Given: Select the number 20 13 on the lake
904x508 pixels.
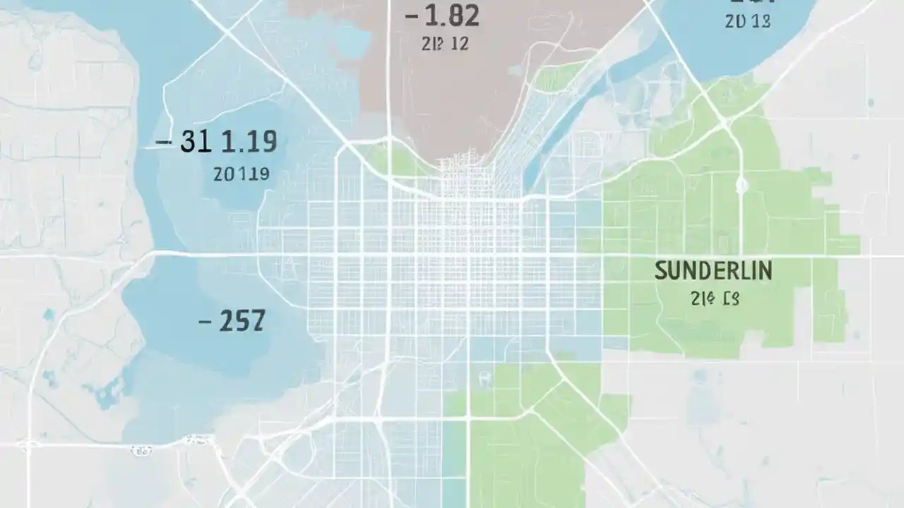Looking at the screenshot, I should click(x=747, y=22).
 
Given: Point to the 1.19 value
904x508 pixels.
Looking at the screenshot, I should click(x=249, y=142).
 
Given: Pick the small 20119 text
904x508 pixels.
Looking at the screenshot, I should click(x=241, y=174).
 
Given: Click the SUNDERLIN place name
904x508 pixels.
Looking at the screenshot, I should click(x=713, y=270).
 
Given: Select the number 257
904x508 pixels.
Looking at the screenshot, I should click(x=242, y=321).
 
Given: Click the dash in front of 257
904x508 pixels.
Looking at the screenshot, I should click(x=205, y=322).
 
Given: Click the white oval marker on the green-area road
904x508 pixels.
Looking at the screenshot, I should click(x=742, y=186).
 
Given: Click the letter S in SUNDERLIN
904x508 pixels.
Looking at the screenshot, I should click(x=660, y=270).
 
